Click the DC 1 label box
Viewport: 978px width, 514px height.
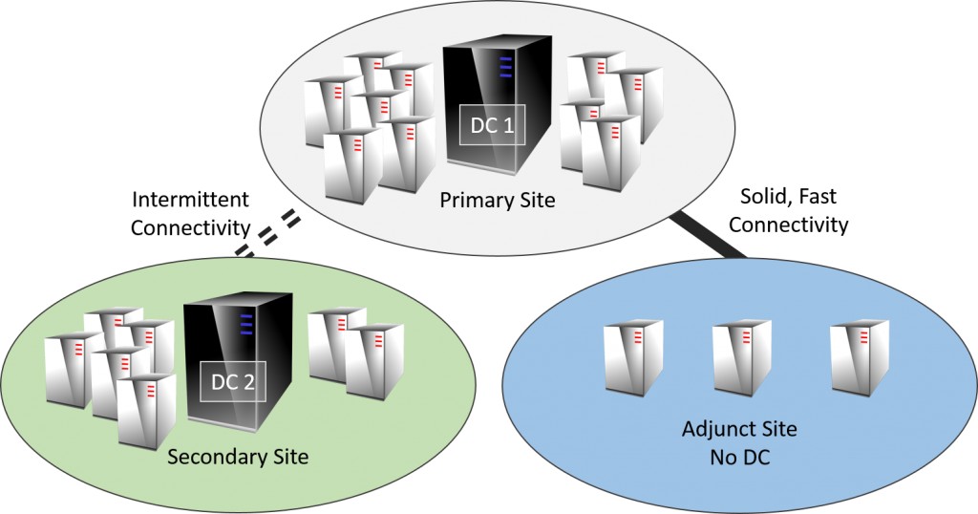click(x=492, y=125)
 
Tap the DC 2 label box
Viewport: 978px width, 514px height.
click(x=233, y=382)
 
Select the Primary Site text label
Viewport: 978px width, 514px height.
click(x=497, y=201)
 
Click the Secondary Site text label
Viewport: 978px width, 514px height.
click(x=238, y=457)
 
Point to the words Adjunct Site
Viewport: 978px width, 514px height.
click(x=739, y=429)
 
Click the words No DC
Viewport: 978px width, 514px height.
click(x=740, y=458)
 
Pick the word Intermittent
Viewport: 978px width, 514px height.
click(x=190, y=201)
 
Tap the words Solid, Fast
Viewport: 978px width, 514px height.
click(x=788, y=197)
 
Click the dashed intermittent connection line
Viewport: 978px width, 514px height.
click(x=267, y=235)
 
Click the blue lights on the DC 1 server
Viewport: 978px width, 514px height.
click(x=505, y=68)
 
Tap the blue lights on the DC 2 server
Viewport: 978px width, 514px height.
click(x=246, y=325)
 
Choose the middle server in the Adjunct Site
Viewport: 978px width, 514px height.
click(x=741, y=357)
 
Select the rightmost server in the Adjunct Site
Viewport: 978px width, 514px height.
click(x=860, y=356)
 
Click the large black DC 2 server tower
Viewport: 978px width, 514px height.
click(x=239, y=362)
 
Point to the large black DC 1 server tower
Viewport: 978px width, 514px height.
click(x=498, y=103)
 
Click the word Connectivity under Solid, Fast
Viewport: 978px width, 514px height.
click(x=788, y=224)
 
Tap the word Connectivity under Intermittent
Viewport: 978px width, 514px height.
click(x=190, y=228)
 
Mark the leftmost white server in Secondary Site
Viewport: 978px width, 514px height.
click(x=73, y=370)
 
